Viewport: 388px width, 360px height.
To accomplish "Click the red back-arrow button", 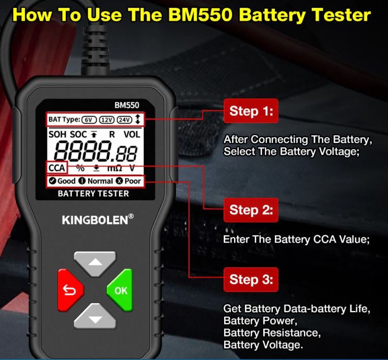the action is pos(70,290).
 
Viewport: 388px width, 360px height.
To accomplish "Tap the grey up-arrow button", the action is pos(95,263).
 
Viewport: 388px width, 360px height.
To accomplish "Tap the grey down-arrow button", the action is pos(95,317).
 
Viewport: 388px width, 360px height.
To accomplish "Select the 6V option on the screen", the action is pos(89,120).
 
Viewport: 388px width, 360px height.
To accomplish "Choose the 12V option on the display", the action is pos(107,120).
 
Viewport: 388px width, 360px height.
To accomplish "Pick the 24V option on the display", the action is pos(124,120).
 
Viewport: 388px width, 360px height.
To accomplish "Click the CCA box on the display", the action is pos(57,168).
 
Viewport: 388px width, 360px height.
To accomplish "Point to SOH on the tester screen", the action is pos(57,135).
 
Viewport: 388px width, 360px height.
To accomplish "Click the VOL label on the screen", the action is pos(132,135).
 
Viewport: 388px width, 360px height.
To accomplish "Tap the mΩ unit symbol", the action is pos(115,169).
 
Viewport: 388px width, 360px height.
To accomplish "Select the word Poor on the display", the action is pos(132,181).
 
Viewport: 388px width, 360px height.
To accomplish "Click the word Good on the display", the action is pos(66,181).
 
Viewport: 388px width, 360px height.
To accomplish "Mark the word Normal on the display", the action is pos(100,181).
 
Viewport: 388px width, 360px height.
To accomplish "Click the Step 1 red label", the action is pos(251,111).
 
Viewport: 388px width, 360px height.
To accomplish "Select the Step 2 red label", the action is pos(251,210).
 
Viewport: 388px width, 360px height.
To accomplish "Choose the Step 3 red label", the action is pos(251,280).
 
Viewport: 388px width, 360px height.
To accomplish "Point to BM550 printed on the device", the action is pos(127,105).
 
